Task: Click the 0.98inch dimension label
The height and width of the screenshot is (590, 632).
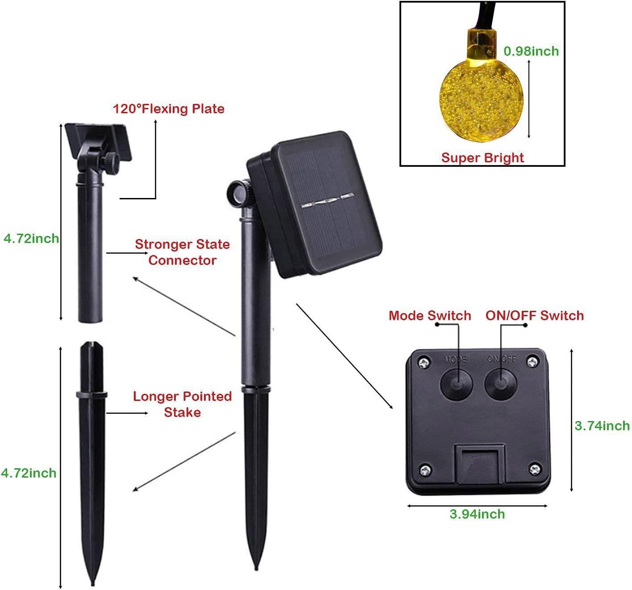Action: point(531,51)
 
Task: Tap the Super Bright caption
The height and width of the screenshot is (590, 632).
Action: point(482,157)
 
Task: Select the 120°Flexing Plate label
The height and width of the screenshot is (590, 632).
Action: point(168,109)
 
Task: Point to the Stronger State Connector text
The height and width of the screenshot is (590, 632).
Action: point(182,252)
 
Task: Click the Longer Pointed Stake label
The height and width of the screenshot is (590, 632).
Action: point(182,404)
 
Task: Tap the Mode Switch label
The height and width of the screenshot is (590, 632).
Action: point(430,316)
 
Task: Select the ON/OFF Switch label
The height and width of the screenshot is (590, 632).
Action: point(535,316)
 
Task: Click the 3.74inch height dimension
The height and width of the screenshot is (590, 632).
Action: point(602,425)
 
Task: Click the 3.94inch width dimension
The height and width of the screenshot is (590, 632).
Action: point(477,514)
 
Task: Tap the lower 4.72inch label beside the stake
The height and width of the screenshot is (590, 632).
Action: point(29,473)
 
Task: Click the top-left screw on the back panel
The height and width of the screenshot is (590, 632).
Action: point(424,362)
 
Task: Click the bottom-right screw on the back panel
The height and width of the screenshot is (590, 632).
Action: point(534,469)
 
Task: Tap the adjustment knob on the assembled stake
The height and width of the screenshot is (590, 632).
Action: point(237,193)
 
